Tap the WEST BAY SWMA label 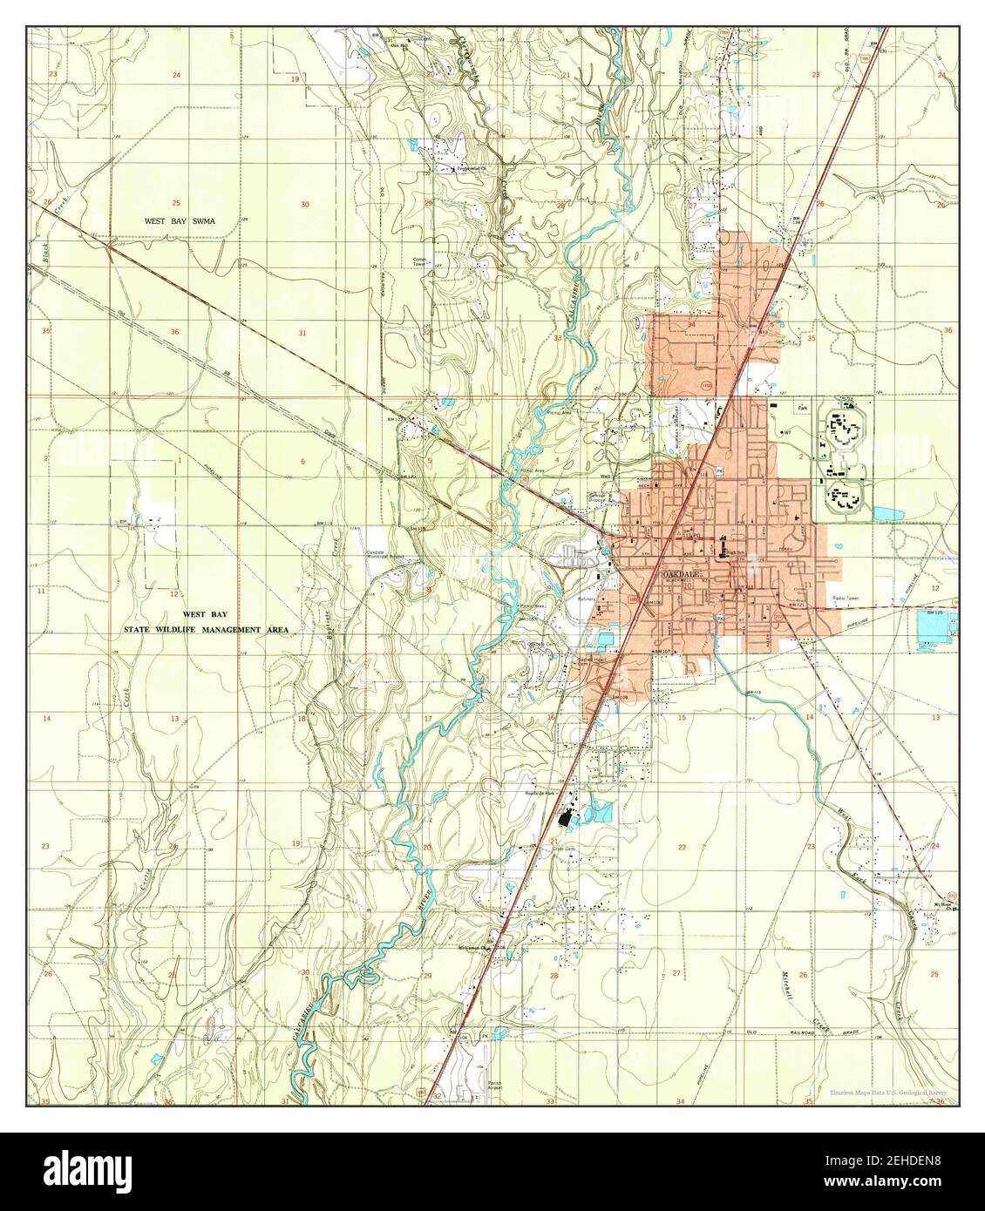(180, 222)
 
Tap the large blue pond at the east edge (932, 626)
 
